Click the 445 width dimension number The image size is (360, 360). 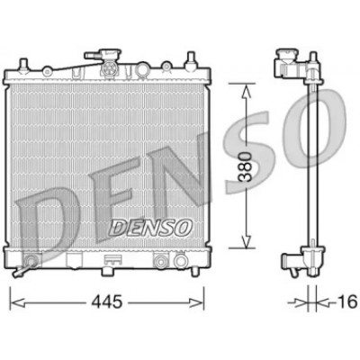point(107,301)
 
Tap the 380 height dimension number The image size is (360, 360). point(245,167)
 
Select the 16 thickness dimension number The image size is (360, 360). point(347,301)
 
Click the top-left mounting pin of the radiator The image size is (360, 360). point(23,65)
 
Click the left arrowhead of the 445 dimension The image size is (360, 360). point(17,302)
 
